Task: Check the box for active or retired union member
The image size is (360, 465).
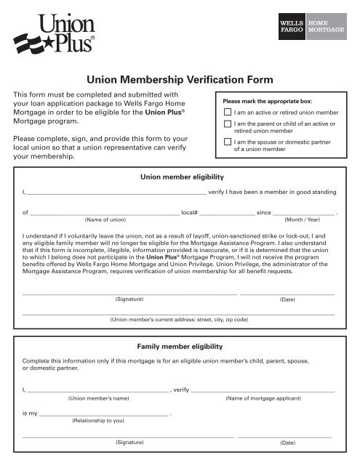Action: click(228, 113)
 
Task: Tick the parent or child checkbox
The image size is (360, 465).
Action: click(228, 126)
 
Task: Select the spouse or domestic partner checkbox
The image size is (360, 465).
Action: click(228, 142)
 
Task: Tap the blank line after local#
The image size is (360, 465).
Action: click(227, 214)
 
